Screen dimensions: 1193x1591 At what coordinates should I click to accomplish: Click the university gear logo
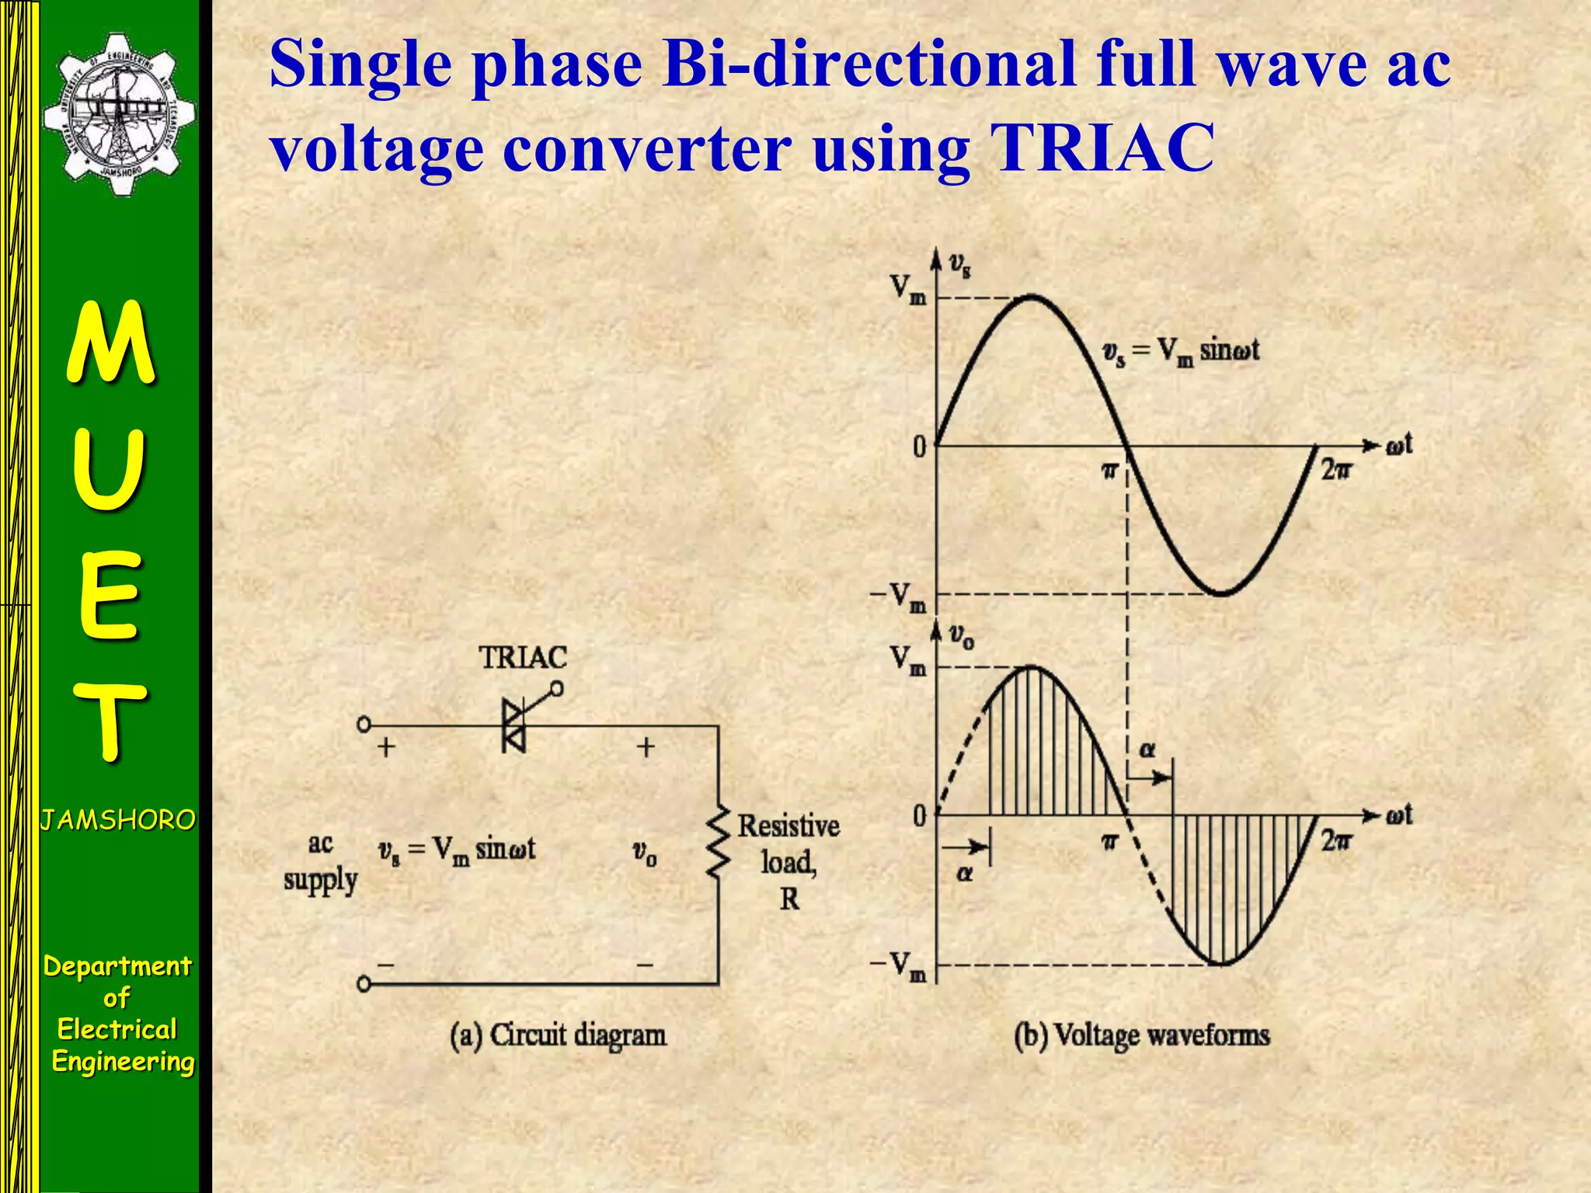click(118, 115)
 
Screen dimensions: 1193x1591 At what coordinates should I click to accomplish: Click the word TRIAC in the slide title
click(1103, 148)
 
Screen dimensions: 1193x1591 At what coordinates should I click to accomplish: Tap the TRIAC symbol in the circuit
click(514, 725)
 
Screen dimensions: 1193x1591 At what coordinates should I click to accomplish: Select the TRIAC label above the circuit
click(523, 658)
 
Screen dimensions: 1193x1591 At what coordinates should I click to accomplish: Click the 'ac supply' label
click(320, 863)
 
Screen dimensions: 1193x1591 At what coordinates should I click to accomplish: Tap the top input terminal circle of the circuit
click(364, 725)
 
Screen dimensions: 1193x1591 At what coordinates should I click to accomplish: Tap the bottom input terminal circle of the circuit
click(364, 984)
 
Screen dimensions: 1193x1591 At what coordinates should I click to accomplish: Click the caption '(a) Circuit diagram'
click(558, 1035)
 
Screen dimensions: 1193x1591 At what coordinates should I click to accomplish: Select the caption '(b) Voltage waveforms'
click(1141, 1035)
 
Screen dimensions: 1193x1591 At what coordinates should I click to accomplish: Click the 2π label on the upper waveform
click(1336, 470)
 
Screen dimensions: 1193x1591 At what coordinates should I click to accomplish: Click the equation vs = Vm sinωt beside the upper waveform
click(1180, 352)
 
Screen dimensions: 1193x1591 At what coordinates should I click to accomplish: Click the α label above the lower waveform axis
click(1147, 750)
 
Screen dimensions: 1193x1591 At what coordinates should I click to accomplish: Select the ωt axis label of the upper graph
click(1399, 446)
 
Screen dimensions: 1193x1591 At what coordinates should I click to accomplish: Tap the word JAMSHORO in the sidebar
click(118, 820)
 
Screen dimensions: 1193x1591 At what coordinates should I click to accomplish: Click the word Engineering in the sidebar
click(123, 1062)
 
